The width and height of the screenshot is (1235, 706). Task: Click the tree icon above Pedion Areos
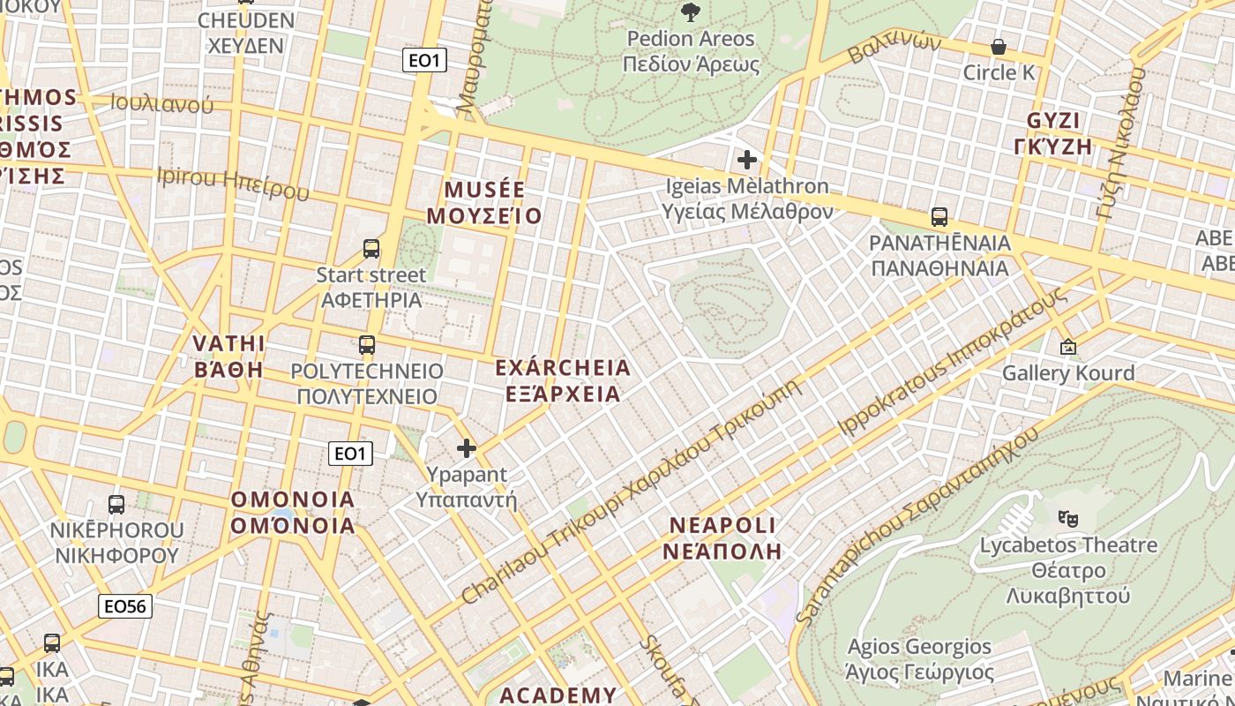(691, 11)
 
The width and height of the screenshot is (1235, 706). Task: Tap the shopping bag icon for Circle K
(999, 46)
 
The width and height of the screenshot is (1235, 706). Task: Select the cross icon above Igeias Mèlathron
(747, 160)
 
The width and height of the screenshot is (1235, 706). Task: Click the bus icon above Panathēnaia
(939, 216)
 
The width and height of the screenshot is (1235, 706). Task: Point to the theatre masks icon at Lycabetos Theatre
(1068, 518)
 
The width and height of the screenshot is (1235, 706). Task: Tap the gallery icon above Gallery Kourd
(1068, 347)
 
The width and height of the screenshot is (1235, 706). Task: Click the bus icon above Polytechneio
(367, 345)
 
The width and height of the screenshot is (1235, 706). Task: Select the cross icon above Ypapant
(467, 448)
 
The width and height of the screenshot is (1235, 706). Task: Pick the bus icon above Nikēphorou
(116, 504)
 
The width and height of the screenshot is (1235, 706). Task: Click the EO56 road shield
(125, 606)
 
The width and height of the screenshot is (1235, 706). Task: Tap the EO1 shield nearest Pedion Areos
(424, 60)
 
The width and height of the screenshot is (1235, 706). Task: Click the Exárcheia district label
(563, 380)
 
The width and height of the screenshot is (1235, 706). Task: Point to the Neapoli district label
(722, 538)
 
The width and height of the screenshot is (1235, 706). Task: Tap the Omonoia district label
(293, 513)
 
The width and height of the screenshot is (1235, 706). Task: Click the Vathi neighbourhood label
(228, 356)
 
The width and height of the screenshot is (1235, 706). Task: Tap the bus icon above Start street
(371, 249)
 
